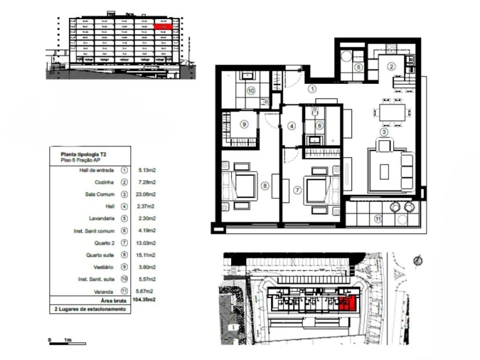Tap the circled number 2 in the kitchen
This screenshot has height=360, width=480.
(390, 66)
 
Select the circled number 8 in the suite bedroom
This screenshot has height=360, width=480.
(265, 187)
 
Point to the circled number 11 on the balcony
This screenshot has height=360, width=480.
(378, 218)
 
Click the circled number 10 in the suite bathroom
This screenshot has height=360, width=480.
(251, 90)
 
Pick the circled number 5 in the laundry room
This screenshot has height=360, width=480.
(359, 67)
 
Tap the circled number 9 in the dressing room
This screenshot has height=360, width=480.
(244, 124)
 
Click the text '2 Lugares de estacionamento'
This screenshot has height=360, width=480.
(92, 309)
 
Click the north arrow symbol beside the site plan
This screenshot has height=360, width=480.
(419, 260)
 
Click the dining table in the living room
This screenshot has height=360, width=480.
(393, 112)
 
